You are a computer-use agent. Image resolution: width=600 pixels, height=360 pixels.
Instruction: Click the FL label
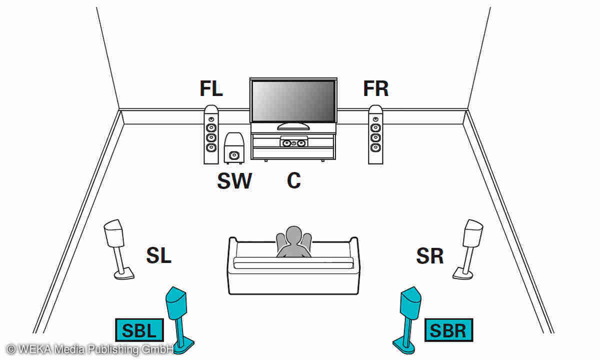211,89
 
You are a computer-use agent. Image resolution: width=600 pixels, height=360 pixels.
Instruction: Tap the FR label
375,89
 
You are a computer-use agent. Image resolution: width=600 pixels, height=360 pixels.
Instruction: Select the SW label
234,181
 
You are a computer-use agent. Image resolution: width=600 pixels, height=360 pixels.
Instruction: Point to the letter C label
293,180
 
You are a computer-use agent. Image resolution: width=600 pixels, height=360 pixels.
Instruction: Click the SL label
158,255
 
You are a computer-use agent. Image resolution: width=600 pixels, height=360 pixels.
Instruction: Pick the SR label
429,256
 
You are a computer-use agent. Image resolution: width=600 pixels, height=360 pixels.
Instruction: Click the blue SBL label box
139,330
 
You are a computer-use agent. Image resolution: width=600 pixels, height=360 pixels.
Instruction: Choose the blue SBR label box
448,330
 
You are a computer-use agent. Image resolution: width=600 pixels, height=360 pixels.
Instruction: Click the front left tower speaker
211,134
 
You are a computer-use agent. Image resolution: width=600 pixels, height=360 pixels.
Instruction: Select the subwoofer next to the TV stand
234,148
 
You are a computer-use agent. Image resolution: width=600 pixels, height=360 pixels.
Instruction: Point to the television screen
293,101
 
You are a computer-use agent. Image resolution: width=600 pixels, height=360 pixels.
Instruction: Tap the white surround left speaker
114,232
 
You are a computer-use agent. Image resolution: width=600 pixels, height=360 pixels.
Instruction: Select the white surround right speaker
473,232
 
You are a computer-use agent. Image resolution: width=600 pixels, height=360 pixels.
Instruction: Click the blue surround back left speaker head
176,303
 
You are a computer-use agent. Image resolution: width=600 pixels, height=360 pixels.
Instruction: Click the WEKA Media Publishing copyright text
90,348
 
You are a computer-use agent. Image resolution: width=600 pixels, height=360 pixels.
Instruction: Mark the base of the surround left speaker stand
124,273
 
